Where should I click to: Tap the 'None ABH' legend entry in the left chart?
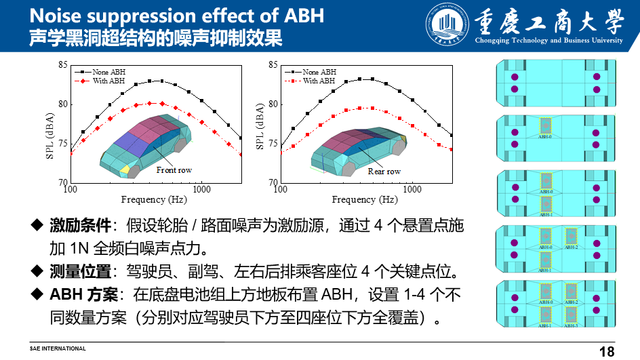coord(109,72)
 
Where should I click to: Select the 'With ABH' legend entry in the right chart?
coord(319,81)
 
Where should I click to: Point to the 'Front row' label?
coord(174,170)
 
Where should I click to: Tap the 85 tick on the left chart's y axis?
coord(63,65)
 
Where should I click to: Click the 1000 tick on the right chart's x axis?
coord(412,189)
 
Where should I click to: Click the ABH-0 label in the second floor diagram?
coord(546,136)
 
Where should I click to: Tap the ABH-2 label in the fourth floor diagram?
coord(572,247)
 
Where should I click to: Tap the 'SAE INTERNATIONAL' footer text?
coord(58,348)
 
